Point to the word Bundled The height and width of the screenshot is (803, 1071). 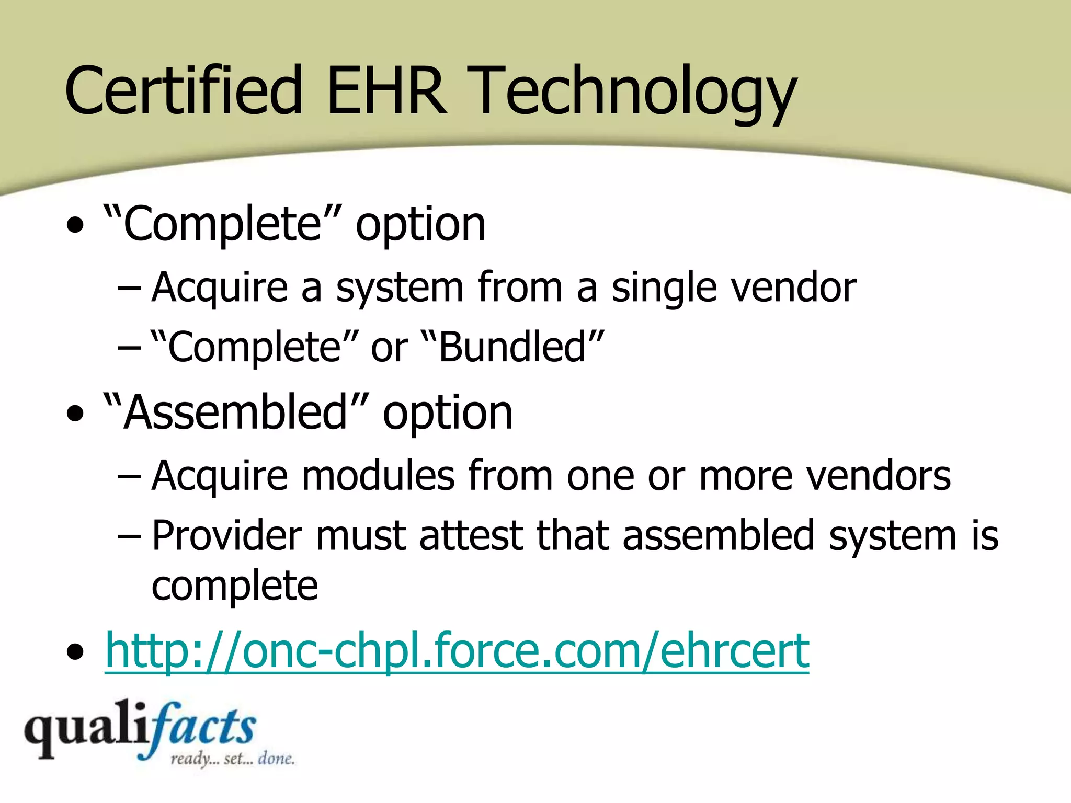(512, 347)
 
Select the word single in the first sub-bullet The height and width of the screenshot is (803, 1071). (664, 288)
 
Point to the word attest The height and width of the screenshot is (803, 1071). (471, 535)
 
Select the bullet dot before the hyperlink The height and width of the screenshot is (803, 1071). (76, 652)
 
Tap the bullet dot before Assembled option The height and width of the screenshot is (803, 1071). (76, 414)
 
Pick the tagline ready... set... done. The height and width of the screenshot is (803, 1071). (233, 759)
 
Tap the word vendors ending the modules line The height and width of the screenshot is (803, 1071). (878, 476)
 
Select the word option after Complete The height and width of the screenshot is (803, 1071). (420, 225)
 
